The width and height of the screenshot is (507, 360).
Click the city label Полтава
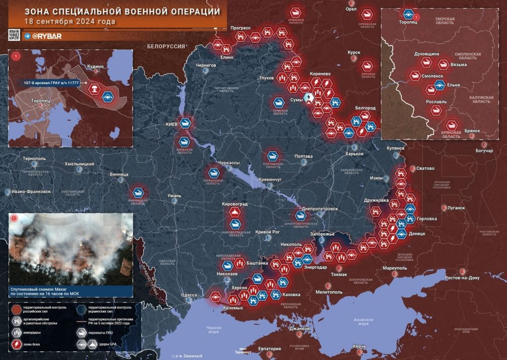(303, 156)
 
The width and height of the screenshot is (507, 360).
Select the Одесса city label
(189, 295)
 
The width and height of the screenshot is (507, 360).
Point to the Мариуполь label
(394, 268)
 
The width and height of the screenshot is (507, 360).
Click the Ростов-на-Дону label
(466, 278)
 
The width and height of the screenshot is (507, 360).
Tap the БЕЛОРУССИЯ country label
(166, 46)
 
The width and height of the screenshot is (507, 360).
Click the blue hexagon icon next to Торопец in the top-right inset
(410, 15)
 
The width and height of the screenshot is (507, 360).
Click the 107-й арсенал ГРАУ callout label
(53, 83)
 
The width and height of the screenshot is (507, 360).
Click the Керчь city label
(359, 346)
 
